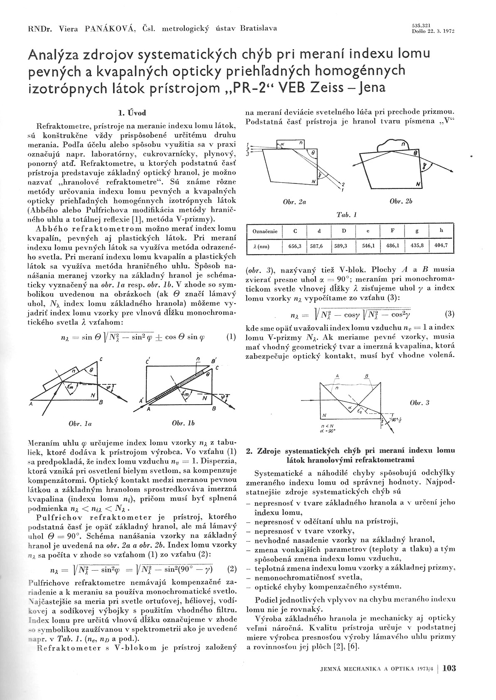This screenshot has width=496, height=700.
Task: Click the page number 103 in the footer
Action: (449, 668)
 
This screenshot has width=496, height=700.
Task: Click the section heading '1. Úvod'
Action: (132, 113)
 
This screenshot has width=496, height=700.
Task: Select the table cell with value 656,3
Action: (294, 246)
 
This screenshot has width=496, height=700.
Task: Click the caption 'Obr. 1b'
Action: (183, 423)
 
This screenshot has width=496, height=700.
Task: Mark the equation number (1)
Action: (231, 337)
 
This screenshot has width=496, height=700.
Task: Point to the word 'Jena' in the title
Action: (369, 87)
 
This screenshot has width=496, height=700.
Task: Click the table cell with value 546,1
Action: (368, 246)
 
